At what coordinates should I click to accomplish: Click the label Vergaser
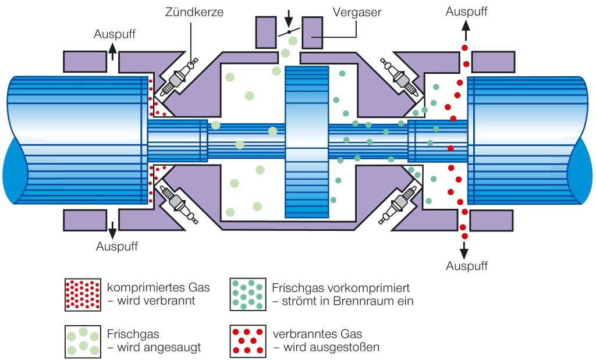tap(356, 12)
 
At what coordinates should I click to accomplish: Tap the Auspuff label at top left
tap(115, 34)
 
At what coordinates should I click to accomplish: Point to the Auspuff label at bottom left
tap(117, 246)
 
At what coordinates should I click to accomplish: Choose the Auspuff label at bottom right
tap(466, 266)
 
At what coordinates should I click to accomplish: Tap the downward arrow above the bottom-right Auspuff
tap(464, 250)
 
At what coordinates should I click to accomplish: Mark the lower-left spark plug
tap(176, 202)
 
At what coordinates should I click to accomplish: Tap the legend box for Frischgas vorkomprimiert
tap(247, 294)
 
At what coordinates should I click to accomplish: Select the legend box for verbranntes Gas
tap(247, 341)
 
